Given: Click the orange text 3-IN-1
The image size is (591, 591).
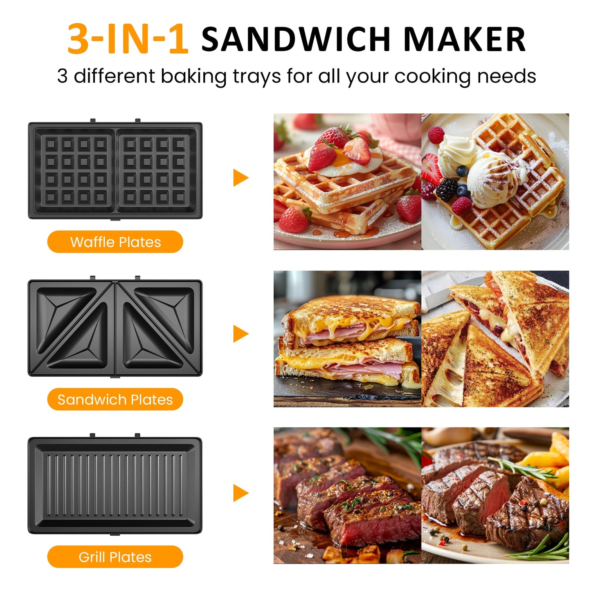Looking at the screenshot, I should click(128, 39).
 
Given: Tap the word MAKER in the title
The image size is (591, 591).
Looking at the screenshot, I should click(464, 40).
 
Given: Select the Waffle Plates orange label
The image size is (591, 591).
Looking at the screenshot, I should click(115, 242).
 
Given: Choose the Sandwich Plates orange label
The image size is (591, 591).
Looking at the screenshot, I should click(115, 399).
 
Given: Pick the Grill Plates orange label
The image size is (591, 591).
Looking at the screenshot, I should click(115, 557).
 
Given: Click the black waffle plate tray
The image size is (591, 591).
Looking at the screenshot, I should click(115, 170).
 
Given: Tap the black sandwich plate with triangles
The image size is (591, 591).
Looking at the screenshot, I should click(115, 328).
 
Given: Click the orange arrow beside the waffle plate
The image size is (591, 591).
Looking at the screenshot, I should click(240, 178).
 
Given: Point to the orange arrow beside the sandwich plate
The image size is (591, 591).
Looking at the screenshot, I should click(240, 334).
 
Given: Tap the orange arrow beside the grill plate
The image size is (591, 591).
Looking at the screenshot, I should click(240, 492).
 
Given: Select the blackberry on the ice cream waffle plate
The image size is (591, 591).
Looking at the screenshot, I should click(446, 189).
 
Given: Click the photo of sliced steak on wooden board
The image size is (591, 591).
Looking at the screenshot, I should click(347, 495).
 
